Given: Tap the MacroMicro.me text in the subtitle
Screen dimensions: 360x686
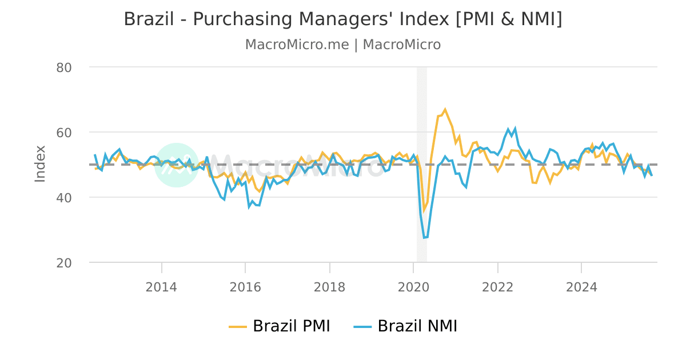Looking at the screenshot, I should point(297,45).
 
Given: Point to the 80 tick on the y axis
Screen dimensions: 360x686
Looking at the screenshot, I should point(63,67).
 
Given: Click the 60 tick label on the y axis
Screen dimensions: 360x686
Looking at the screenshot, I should point(63,133).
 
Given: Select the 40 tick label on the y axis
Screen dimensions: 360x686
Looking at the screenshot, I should point(63,198).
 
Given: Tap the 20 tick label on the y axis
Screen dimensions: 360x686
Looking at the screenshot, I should point(63,263).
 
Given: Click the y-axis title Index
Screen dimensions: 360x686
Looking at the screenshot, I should point(40,164).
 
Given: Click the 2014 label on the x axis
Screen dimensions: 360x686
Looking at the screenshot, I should point(162,287).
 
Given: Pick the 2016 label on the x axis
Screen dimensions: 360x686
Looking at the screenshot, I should point(245,287).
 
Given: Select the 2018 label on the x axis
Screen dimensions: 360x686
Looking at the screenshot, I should point(329,287).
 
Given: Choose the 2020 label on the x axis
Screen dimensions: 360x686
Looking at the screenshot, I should point(413,287).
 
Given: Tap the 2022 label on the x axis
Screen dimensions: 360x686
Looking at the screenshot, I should point(497,287).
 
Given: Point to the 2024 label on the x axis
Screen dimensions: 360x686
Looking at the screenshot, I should point(581,287).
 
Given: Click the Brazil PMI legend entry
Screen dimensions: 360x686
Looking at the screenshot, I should point(280,326).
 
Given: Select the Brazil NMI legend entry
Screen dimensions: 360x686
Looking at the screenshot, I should point(409,326).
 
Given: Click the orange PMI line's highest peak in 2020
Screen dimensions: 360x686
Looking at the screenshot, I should point(445,109).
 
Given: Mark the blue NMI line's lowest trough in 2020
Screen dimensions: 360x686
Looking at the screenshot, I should point(424,238).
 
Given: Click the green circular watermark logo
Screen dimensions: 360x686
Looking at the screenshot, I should point(177,165).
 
